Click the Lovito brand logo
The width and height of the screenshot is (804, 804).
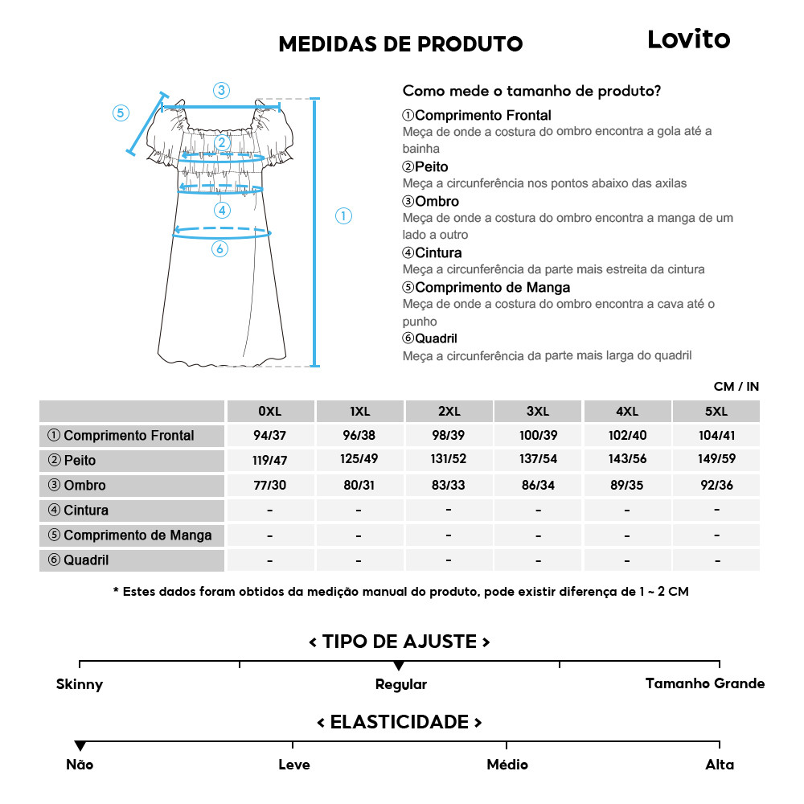point(688,39)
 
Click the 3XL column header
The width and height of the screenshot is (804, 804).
point(538,411)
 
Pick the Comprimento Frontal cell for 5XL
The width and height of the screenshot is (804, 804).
point(716,436)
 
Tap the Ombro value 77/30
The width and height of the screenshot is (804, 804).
point(269,486)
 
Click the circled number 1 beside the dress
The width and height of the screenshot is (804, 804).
point(343,215)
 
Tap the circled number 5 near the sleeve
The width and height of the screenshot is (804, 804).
point(121,113)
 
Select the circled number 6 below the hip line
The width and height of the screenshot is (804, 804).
point(219,249)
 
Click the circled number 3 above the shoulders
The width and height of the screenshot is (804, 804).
point(221,90)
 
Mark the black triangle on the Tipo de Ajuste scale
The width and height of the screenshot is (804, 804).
point(399,666)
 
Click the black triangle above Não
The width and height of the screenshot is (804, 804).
point(80,746)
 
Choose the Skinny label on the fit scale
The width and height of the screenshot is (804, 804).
point(80,685)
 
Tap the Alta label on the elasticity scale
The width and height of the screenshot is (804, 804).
point(720,765)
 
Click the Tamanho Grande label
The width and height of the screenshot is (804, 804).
point(705,683)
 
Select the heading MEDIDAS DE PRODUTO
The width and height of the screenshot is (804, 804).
point(400,44)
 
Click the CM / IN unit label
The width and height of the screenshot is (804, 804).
point(736,387)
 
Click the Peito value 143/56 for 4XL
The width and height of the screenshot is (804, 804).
point(627,461)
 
